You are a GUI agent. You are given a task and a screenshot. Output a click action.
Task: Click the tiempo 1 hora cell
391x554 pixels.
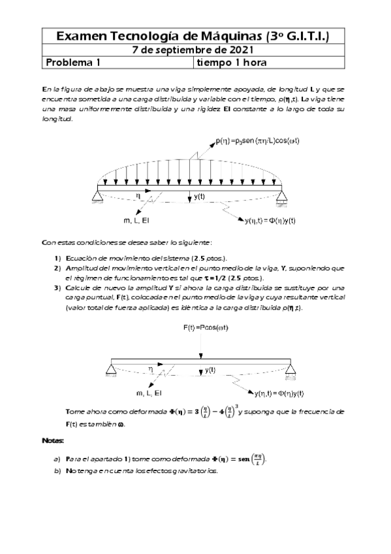[231, 63]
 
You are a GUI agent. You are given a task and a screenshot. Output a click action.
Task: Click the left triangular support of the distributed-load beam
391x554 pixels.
[97, 191]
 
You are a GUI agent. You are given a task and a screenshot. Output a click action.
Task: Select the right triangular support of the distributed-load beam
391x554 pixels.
[282, 191]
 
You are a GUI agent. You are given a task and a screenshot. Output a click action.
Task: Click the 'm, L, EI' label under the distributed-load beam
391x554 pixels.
[136, 221]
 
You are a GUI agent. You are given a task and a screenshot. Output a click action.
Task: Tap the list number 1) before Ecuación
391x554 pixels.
[58, 258]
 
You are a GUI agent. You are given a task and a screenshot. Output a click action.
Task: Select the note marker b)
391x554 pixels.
[57, 470]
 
